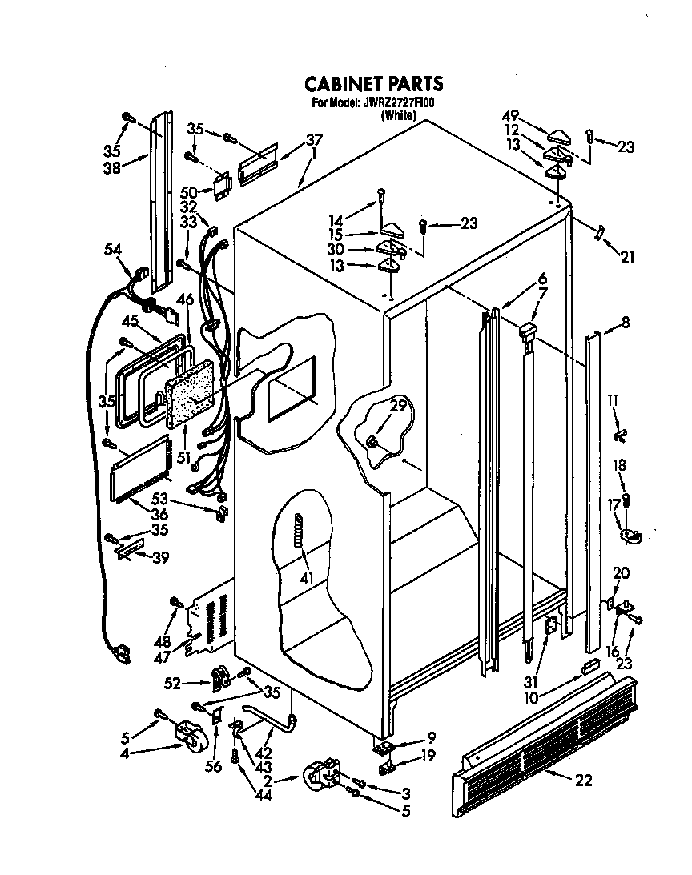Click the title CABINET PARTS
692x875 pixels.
(372, 84)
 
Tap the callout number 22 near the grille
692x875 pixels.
(583, 781)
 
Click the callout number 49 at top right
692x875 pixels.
(510, 114)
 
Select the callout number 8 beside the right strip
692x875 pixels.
(625, 324)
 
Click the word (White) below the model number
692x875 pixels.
(398, 115)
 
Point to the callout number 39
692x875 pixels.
(161, 558)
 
